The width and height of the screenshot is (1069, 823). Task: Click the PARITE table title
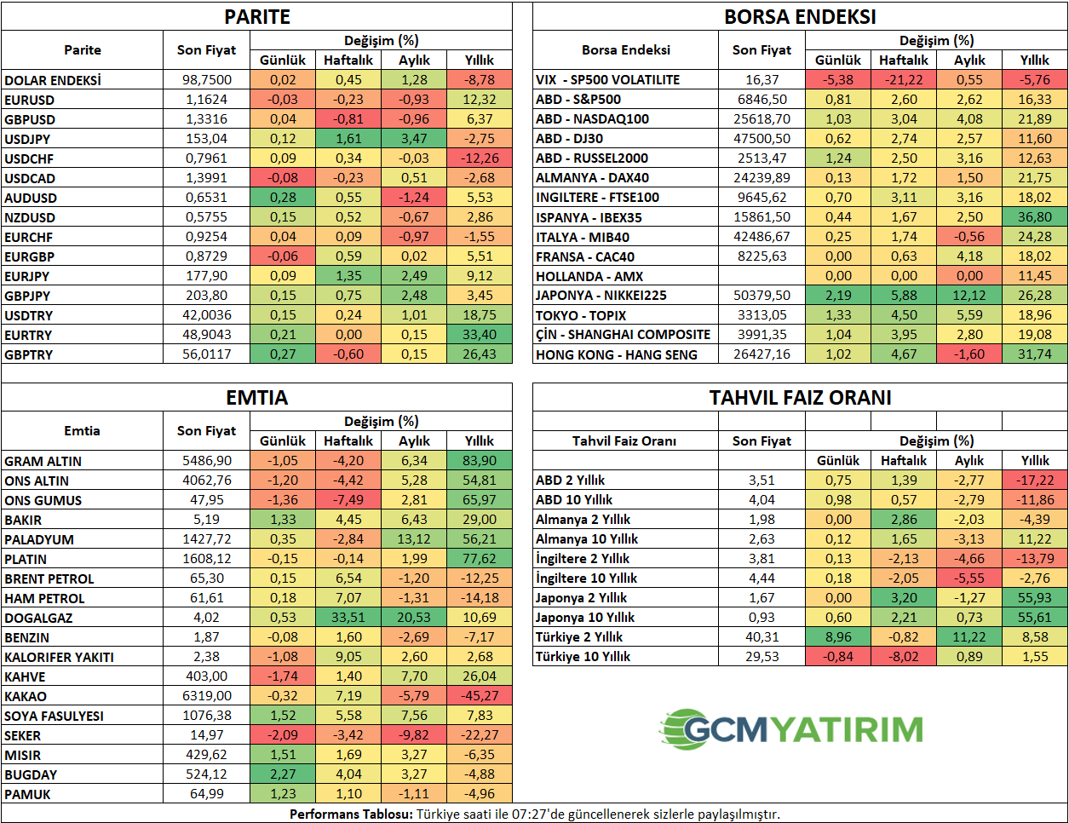256,17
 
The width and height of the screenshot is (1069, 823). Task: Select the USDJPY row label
27,139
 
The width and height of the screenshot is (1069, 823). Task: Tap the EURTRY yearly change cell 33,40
480,335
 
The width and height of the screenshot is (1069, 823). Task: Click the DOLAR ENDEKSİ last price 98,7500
206,79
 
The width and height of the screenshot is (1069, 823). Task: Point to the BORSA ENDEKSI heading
800,17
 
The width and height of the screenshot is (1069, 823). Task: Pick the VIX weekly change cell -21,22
904,79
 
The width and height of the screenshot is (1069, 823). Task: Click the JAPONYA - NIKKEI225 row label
601,296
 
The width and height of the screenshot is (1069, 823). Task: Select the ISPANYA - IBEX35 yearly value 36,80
1034,217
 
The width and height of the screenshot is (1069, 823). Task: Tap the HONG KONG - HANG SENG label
616,354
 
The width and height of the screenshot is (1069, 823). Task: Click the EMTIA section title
256,398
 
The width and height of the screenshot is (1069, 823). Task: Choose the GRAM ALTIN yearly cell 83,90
480,461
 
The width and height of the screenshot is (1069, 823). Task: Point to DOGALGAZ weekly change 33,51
348,618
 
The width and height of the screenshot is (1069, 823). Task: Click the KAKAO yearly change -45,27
480,696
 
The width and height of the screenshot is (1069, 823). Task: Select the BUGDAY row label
31,774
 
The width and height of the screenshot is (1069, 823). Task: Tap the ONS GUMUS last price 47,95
206,500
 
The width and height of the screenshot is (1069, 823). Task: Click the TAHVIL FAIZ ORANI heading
800,398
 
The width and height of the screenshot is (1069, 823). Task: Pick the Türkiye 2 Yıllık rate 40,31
762,637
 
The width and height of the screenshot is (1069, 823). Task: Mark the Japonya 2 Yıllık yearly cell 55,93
1034,598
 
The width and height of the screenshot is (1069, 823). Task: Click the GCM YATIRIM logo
791,729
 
